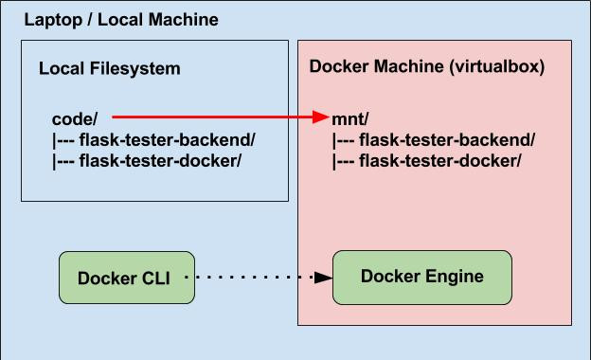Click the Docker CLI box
127,278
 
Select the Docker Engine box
421,277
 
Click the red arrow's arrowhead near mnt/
320,117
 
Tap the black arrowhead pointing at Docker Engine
323,278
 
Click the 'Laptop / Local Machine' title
120,19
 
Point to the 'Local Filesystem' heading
109,69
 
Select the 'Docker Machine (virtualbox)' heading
427,68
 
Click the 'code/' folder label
75,119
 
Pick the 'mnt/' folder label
350,119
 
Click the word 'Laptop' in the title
49,19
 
